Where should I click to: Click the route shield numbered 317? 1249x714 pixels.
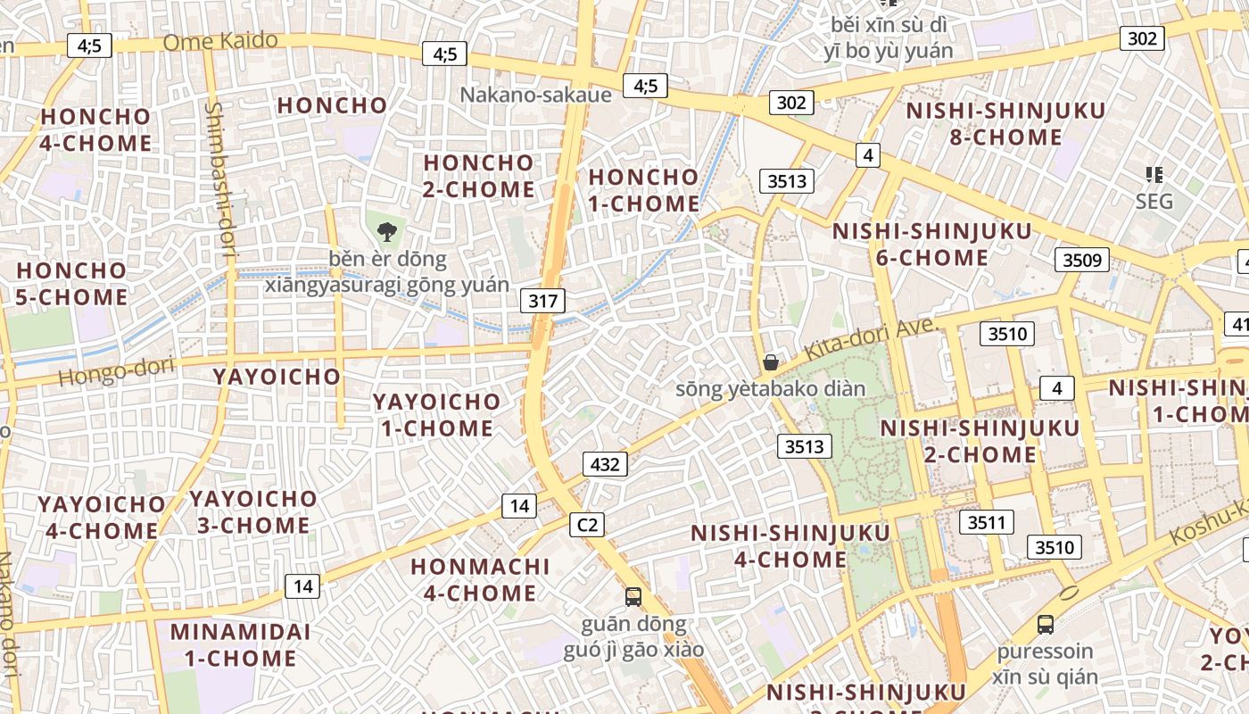[x=542, y=301]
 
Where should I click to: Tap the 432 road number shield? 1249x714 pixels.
[x=605, y=464]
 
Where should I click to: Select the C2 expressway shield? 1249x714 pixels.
[x=587, y=525]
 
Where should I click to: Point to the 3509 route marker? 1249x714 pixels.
[x=1081, y=261]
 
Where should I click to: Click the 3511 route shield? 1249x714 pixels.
[x=986, y=522]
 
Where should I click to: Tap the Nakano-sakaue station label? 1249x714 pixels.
[x=535, y=95]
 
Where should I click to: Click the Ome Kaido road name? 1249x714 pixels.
[x=220, y=41]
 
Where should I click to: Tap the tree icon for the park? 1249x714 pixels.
[x=386, y=232]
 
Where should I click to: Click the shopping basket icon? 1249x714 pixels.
[x=771, y=362]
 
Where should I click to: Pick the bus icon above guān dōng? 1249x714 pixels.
[x=633, y=596]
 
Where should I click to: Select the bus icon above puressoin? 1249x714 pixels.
[x=1046, y=625]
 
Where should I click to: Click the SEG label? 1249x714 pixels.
[x=1154, y=202]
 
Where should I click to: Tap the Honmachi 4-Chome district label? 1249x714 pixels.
[x=480, y=579]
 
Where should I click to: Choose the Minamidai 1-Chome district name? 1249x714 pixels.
[x=241, y=645]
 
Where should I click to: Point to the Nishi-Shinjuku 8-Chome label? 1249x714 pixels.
[x=1006, y=124]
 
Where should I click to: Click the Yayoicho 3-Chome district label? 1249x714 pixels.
[x=253, y=511]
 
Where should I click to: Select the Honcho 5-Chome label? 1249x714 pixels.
[x=72, y=283]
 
